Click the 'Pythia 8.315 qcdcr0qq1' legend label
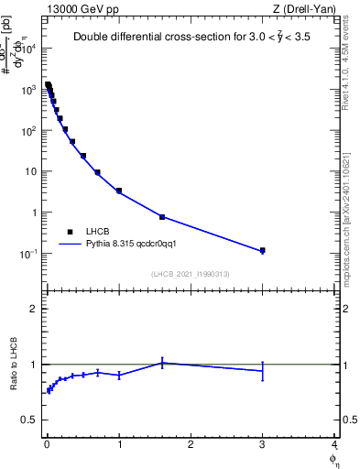(x=124, y=245)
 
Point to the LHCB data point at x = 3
(x=262, y=250)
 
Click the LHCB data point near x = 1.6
(x=162, y=217)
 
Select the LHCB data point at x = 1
(x=119, y=191)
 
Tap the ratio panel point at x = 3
(x=262, y=370)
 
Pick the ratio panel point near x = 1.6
(x=162, y=363)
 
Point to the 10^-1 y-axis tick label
(x=30, y=254)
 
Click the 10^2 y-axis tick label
(x=30, y=131)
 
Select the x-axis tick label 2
(x=191, y=446)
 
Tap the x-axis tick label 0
(x=47, y=446)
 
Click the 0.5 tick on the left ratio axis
(x=27, y=420)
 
